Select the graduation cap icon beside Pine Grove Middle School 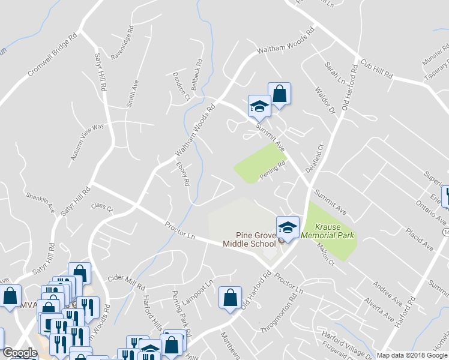[288, 228]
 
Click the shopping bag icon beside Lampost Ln [231, 297]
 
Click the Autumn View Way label [88, 142]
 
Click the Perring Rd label [272, 170]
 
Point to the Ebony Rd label [183, 173]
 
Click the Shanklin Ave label [40, 203]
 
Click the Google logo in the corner [20, 353]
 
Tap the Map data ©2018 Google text [411, 355]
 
